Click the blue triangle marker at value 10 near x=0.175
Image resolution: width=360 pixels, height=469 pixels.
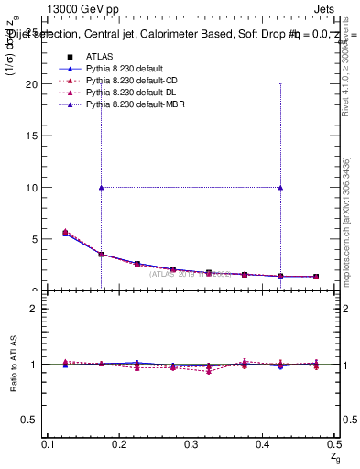point(101,187)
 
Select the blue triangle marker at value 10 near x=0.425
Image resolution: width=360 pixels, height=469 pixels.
point(280,187)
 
